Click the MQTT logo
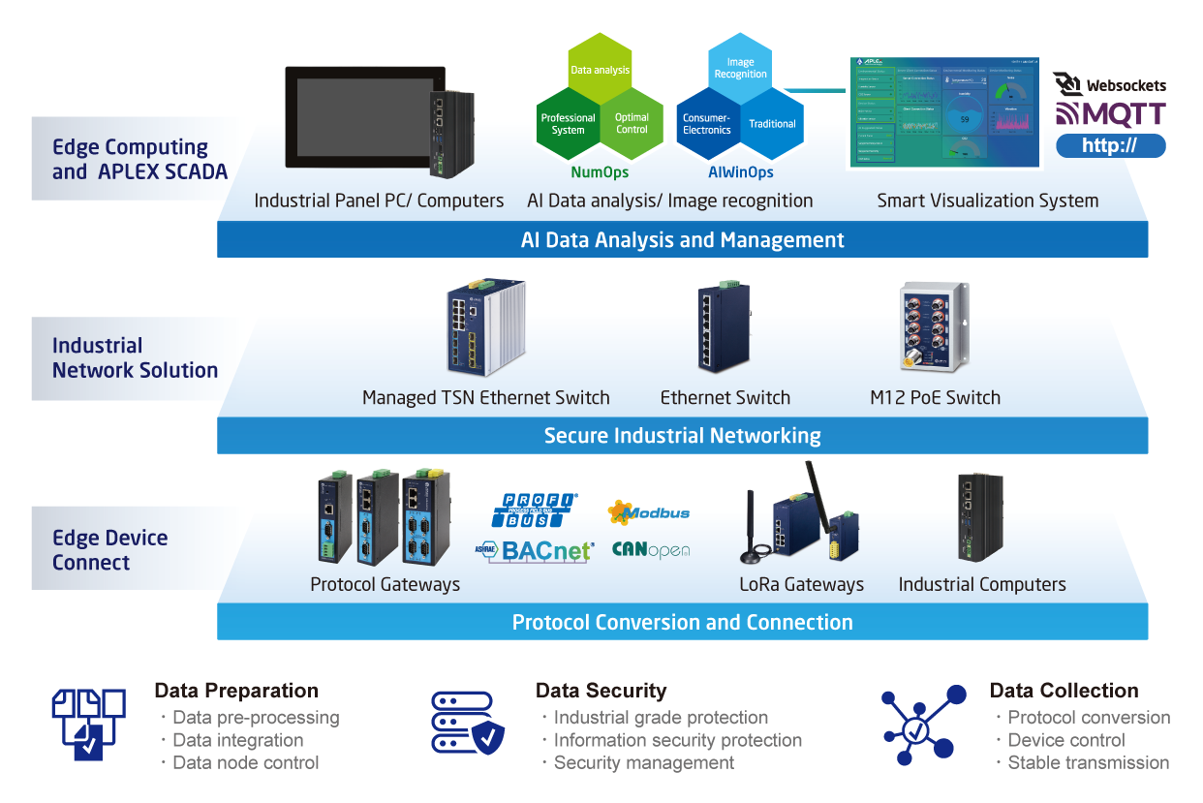click(1110, 114)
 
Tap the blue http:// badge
click(1110, 146)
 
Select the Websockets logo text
click(1126, 86)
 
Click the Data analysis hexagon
click(600, 70)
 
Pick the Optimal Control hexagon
click(632, 124)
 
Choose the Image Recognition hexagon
click(740, 68)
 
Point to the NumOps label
click(600, 172)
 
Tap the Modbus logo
click(649, 511)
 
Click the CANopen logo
click(651, 550)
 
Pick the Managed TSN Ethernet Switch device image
click(485, 330)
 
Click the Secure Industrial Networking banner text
click(682, 436)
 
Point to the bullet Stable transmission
click(1088, 762)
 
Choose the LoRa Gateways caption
click(801, 584)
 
